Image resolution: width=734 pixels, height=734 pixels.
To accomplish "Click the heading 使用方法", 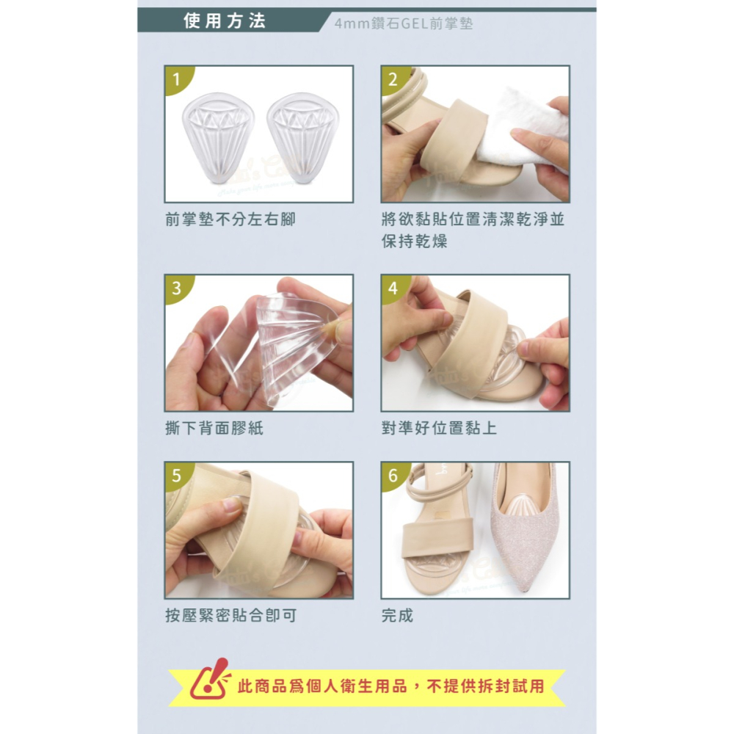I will [224, 21].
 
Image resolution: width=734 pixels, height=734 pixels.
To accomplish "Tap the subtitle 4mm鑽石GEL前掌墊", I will [403, 23].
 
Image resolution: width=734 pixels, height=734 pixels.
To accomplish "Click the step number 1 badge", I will [175, 79].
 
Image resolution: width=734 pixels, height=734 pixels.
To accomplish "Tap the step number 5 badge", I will [175, 475].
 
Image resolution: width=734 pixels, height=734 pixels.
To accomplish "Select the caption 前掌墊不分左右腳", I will [230, 219].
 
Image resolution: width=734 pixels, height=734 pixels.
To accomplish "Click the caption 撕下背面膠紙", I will [214, 428].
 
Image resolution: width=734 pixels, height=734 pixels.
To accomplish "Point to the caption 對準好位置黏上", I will [439, 428].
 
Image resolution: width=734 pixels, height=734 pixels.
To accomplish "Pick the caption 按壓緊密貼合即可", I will [230, 616].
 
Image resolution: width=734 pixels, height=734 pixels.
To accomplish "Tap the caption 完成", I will [397, 616].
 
